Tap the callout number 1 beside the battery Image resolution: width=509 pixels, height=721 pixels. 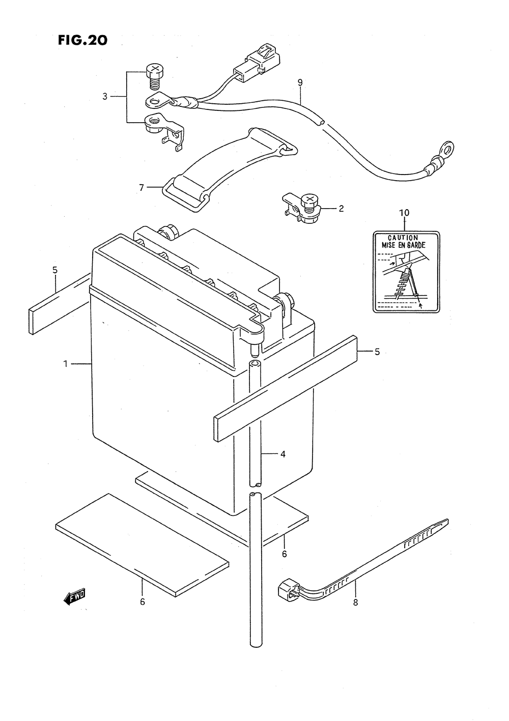pyautogui.click(x=65, y=364)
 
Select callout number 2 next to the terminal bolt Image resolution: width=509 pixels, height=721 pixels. pyautogui.click(x=341, y=209)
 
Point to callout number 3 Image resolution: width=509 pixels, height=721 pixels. pyautogui.click(x=105, y=96)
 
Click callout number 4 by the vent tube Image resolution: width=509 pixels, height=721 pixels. pyautogui.click(x=282, y=454)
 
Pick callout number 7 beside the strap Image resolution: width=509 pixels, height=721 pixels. pyautogui.click(x=142, y=187)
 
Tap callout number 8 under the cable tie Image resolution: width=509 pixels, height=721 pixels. pyautogui.click(x=355, y=602)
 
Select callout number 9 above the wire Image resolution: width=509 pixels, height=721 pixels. pyautogui.click(x=300, y=82)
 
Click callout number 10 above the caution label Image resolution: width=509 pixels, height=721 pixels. pyautogui.click(x=404, y=213)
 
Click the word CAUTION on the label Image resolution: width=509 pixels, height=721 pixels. pyautogui.click(x=403, y=238)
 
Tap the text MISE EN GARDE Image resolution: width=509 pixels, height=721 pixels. pyautogui.click(x=404, y=245)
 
